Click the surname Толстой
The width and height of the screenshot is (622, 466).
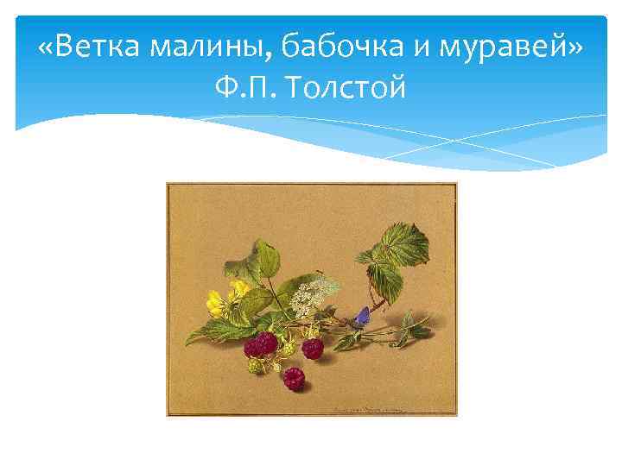pyautogui.click(x=349, y=87)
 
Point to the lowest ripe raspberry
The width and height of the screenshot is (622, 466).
pyautogui.click(x=295, y=377)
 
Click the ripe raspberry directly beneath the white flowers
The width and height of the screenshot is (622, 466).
pyautogui.click(x=312, y=348)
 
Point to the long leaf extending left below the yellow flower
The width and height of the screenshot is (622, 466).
pyautogui.click(x=207, y=331)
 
